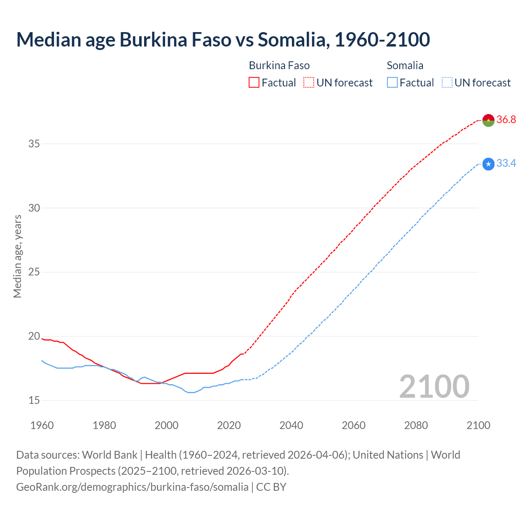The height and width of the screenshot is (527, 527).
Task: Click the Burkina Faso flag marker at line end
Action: [x=488, y=120]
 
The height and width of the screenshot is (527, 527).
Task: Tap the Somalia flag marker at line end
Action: [x=488, y=164]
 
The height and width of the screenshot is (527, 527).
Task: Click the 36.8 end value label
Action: [x=506, y=120]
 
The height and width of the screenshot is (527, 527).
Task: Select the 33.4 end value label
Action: [x=506, y=163]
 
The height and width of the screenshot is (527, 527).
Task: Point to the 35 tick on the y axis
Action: [x=34, y=144]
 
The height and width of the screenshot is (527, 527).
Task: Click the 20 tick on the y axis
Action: [x=34, y=336]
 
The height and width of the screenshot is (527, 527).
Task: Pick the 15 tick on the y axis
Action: [x=34, y=400]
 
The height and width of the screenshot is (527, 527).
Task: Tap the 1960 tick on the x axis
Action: [x=42, y=425]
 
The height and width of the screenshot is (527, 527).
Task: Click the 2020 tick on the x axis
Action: [x=229, y=425]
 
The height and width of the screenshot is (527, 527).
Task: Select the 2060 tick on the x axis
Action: [x=354, y=425]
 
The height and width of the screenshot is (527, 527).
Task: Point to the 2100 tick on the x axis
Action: [x=478, y=425]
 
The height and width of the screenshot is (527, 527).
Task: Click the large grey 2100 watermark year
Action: [x=434, y=386]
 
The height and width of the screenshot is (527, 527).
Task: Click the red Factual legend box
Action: [x=254, y=83]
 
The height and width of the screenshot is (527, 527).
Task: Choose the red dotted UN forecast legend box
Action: [x=309, y=83]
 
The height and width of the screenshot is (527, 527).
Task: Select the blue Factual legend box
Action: [x=392, y=83]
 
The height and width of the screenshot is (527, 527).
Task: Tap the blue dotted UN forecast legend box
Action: [x=447, y=83]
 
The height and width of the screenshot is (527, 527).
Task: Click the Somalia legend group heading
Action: [x=405, y=65]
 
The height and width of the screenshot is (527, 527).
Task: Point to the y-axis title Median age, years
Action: [x=17, y=256]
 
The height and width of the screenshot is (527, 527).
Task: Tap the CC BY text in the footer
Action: [x=271, y=487]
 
